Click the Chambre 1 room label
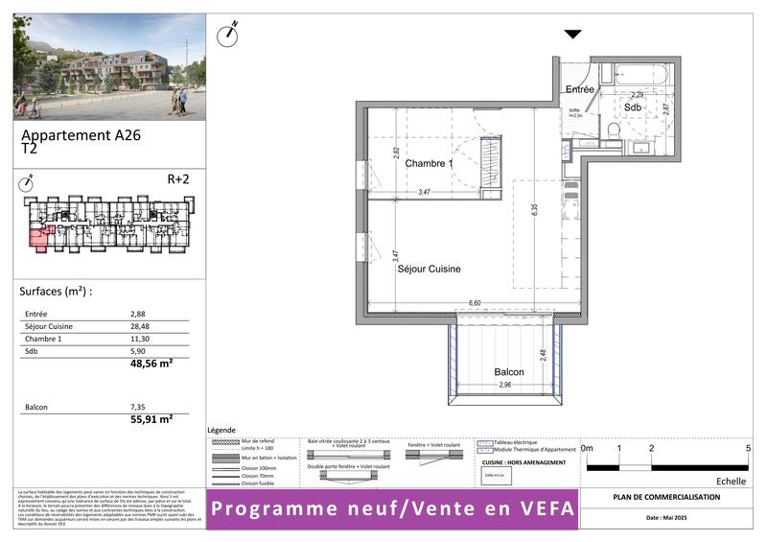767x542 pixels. click(x=428, y=164)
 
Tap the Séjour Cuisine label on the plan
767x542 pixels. click(x=429, y=270)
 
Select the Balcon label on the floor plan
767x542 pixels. click(x=509, y=372)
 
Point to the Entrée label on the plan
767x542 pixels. click(x=580, y=89)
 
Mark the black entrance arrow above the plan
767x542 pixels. click(x=572, y=35)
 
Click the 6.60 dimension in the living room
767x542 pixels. click(x=474, y=302)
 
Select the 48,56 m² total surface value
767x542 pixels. click(x=151, y=365)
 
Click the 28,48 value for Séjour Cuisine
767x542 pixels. click(x=140, y=326)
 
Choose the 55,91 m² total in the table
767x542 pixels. click(x=151, y=419)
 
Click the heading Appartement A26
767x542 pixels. click(x=81, y=136)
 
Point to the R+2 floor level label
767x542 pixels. click(x=179, y=178)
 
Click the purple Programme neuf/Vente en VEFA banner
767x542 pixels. click(x=394, y=508)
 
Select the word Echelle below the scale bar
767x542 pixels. click(x=732, y=482)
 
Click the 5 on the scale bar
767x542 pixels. click(x=747, y=448)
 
